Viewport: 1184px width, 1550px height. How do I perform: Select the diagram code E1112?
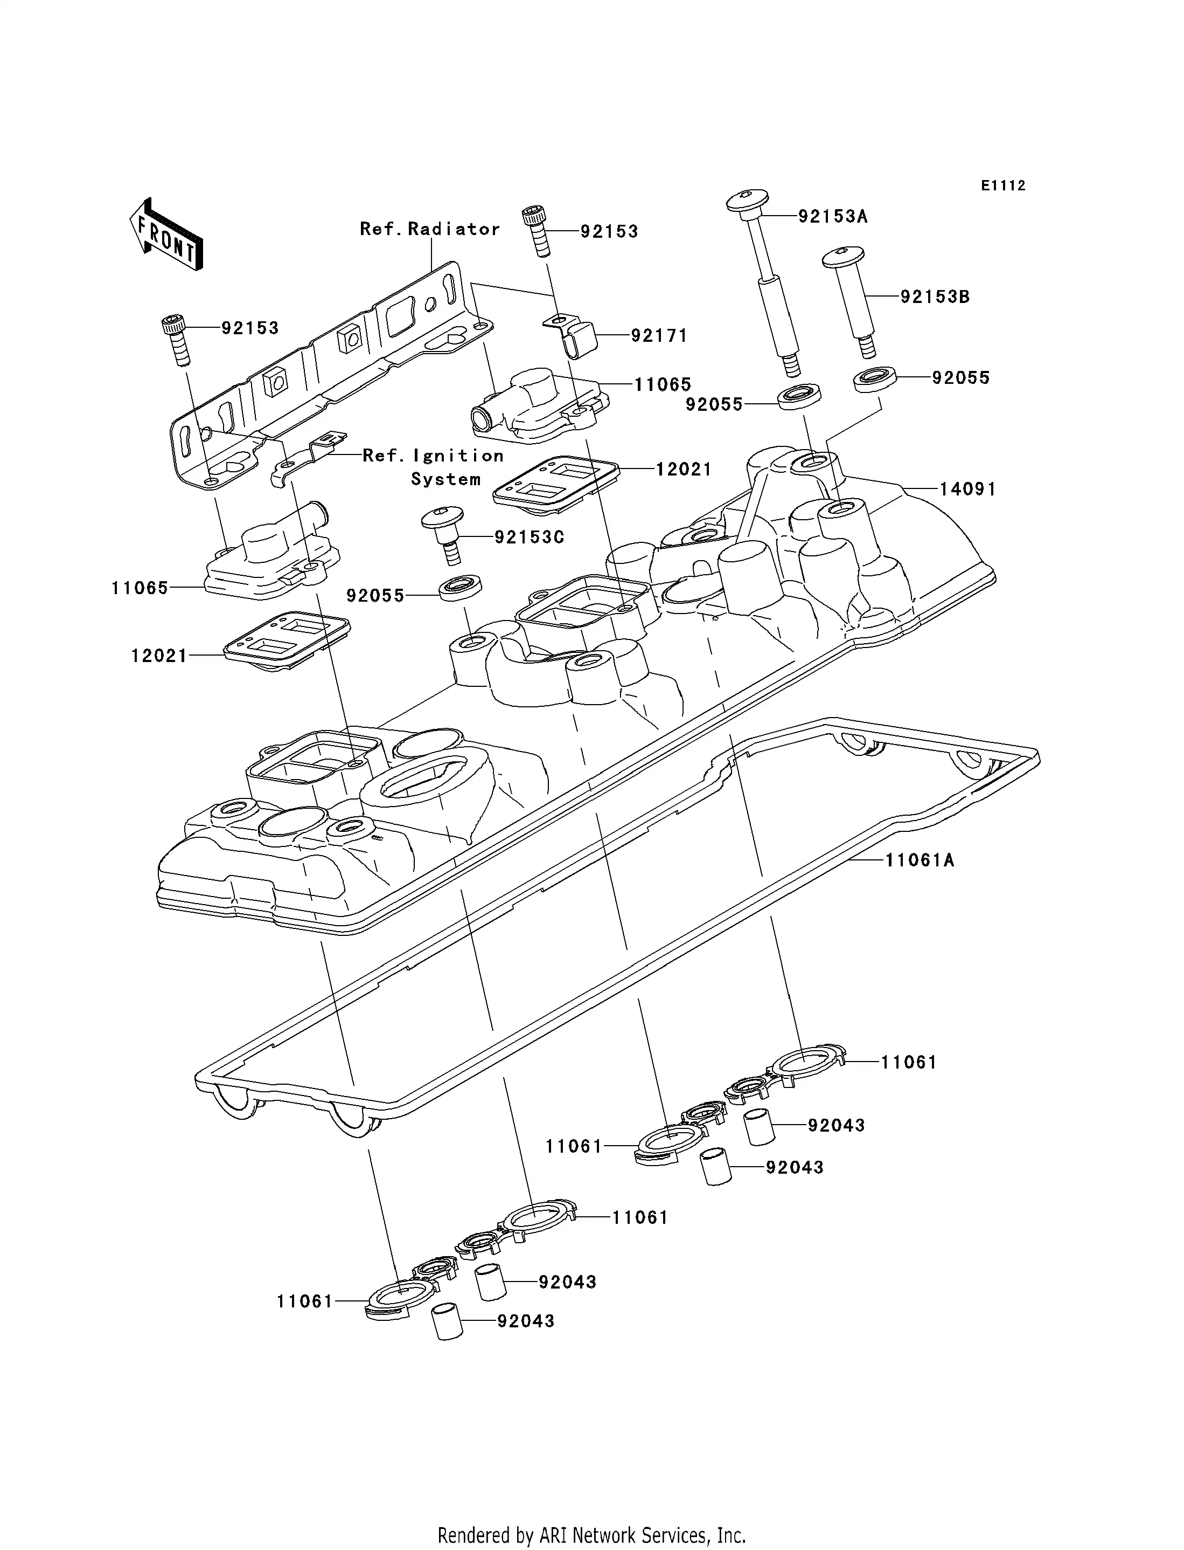[x=1003, y=185]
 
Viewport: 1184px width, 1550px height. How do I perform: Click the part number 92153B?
[x=935, y=297]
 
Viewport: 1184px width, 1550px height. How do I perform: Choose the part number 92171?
[x=658, y=336]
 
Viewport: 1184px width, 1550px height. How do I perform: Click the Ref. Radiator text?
[x=430, y=229]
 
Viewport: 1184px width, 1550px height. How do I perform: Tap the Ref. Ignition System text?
[x=434, y=467]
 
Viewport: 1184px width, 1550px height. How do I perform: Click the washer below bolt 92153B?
[x=875, y=378]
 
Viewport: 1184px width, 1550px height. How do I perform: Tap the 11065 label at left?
[x=140, y=588]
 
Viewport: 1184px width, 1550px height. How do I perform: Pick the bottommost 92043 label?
[x=525, y=1321]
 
